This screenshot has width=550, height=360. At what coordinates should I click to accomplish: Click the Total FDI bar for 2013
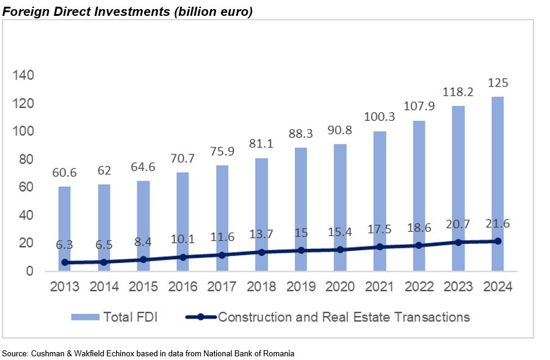click(x=65, y=228)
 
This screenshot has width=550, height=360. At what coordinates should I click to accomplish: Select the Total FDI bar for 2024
click(x=498, y=183)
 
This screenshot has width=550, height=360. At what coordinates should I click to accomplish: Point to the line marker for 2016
click(x=183, y=257)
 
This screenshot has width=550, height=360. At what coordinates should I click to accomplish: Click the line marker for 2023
click(x=458, y=242)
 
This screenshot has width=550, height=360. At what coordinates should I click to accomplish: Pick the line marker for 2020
click(x=340, y=250)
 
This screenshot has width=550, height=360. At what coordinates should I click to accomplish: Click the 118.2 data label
click(x=458, y=92)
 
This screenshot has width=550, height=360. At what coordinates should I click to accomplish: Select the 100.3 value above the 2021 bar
click(x=380, y=116)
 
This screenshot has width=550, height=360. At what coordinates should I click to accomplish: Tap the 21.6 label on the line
click(x=498, y=225)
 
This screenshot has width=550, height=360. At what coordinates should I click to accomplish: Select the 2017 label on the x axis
click(x=222, y=286)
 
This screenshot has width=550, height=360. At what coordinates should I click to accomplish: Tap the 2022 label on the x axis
click(x=419, y=286)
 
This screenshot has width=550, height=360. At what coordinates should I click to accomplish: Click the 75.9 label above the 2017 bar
click(x=222, y=151)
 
